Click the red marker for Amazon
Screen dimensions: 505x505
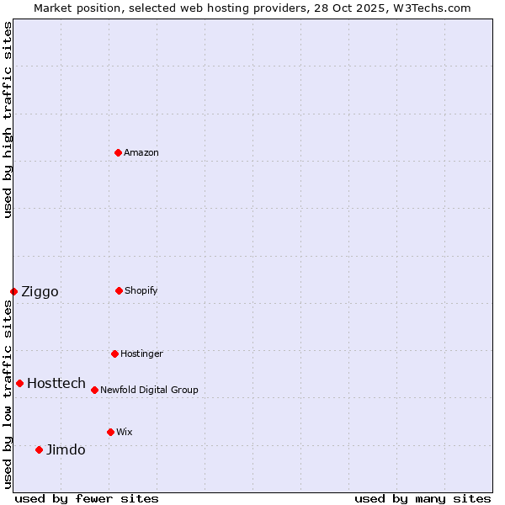click(x=119, y=152)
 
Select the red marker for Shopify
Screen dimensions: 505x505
click(x=119, y=290)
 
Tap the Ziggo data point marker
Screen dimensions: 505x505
click(x=13, y=291)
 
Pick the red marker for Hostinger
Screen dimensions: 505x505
click(x=114, y=353)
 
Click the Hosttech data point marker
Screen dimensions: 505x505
click(x=19, y=383)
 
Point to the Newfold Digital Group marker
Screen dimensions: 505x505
click(x=94, y=390)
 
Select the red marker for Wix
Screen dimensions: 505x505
click(x=110, y=432)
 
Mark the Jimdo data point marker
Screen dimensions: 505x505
click(x=39, y=449)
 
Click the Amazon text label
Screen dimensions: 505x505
click(x=141, y=152)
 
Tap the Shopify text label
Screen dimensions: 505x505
click(x=141, y=290)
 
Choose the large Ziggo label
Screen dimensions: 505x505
click(x=40, y=292)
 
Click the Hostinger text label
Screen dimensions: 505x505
click(x=141, y=353)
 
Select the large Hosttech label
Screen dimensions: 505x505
click(x=56, y=383)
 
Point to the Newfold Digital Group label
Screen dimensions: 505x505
click(x=149, y=390)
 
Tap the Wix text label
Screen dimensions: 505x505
click(x=125, y=432)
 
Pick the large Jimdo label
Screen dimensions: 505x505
click(x=66, y=449)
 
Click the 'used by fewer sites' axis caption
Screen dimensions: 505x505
click(x=87, y=498)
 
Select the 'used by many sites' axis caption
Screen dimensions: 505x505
click(x=423, y=498)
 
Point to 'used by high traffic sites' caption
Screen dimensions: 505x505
click(x=8, y=120)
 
